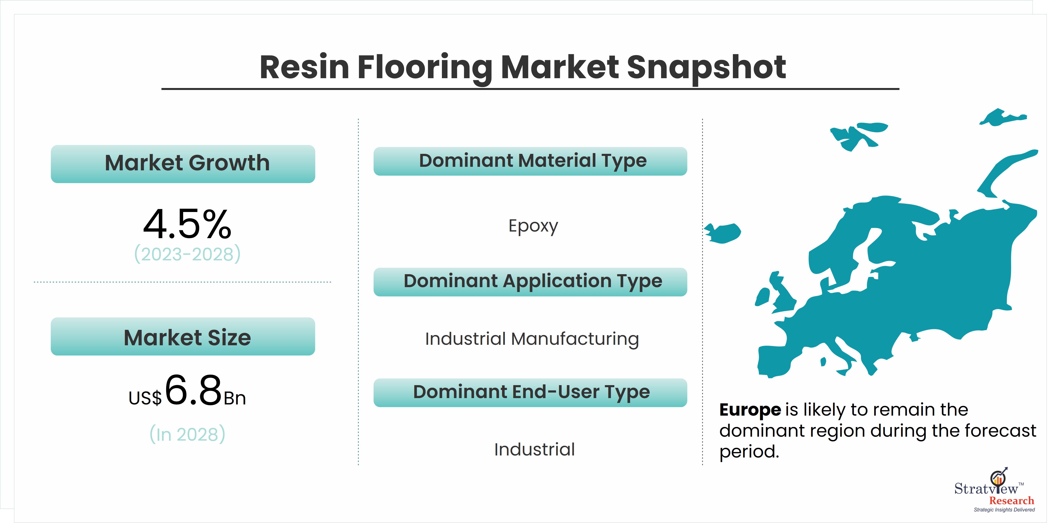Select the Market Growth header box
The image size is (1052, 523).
pyautogui.click(x=183, y=164)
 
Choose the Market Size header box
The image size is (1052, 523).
pyautogui.click(x=183, y=336)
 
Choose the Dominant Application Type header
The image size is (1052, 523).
pyautogui.click(x=530, y=282)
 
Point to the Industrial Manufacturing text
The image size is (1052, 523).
pyautogui.click(x=532, y=339)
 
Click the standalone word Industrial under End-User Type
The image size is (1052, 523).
pyautogui.click(x=534, y=449)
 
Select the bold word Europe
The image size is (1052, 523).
pyautogui.click(x=750, y=410)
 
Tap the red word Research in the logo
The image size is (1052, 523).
pyautogui.click(x=1012, y=500)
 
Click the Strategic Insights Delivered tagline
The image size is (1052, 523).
pyautogui.click(x=1004, y=510)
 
